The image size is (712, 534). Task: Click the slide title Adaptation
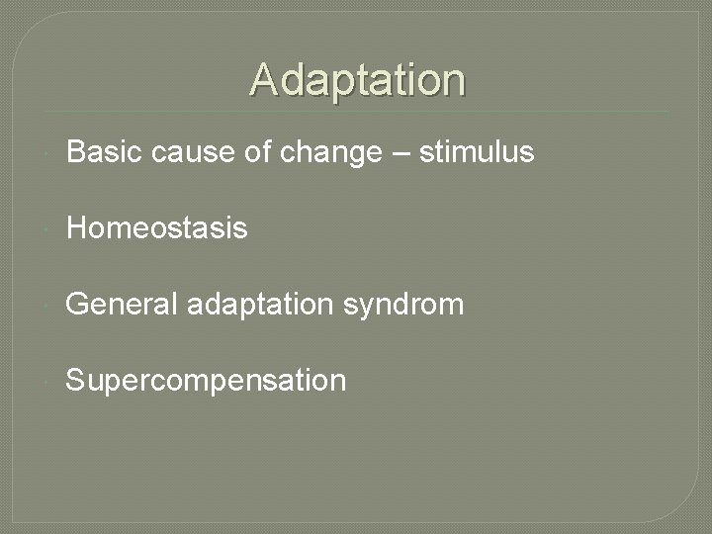click(x=357, y=80)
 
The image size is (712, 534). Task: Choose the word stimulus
click(x=477, y=152)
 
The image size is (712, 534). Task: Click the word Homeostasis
click(x=156, y=228)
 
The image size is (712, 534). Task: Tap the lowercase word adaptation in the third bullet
click(x=259, y=305)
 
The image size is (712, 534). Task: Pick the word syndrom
click(x=403, y=305)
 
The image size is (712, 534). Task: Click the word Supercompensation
click(x=206, y=381)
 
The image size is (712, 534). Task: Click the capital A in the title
click(x=264, y=80)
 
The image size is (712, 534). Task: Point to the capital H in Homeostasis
click(x=75, y=228)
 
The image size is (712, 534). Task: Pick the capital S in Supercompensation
click(x=75, y=380)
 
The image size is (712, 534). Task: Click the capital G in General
click(x=76, y=304)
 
